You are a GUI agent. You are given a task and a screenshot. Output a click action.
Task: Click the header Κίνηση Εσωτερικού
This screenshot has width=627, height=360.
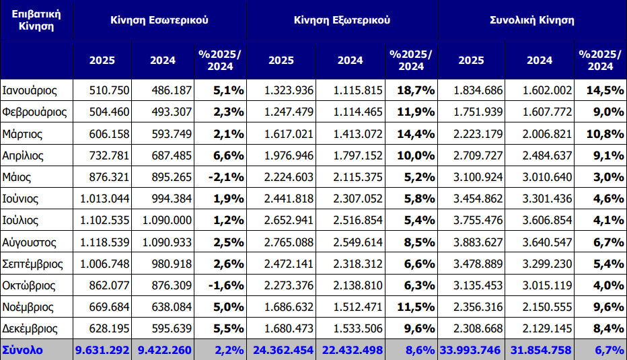[159, 20]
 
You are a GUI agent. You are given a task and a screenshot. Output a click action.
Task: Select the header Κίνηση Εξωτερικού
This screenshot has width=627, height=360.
[342, 20]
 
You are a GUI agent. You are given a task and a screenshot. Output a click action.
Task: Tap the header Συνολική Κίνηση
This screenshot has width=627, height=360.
[531, 20]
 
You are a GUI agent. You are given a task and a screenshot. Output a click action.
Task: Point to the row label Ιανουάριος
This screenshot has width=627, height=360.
[30, 90]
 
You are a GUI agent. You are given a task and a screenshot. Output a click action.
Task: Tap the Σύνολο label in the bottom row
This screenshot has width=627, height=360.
[24, 350]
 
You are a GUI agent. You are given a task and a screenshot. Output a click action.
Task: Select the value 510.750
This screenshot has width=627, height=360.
[106, 90]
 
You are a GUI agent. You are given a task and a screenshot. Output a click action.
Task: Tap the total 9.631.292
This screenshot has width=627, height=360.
[103, 350]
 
